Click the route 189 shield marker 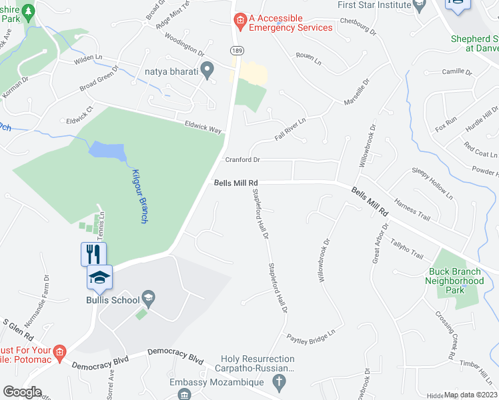(x=236, y=50)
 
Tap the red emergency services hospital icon (x=240, y=23)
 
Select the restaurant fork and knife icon (x=93, y=254)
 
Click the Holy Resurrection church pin (x=280, y=382)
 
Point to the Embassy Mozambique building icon (x=183, y=395)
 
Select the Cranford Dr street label (x=241, y=160)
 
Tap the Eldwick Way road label (x=203, y=127)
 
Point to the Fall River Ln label (x=290, y=130)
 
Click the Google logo (x=21, y=392)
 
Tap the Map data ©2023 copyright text (x=470, y=395)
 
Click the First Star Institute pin (x=419, y=7)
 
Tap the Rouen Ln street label (x=308, y=59)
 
